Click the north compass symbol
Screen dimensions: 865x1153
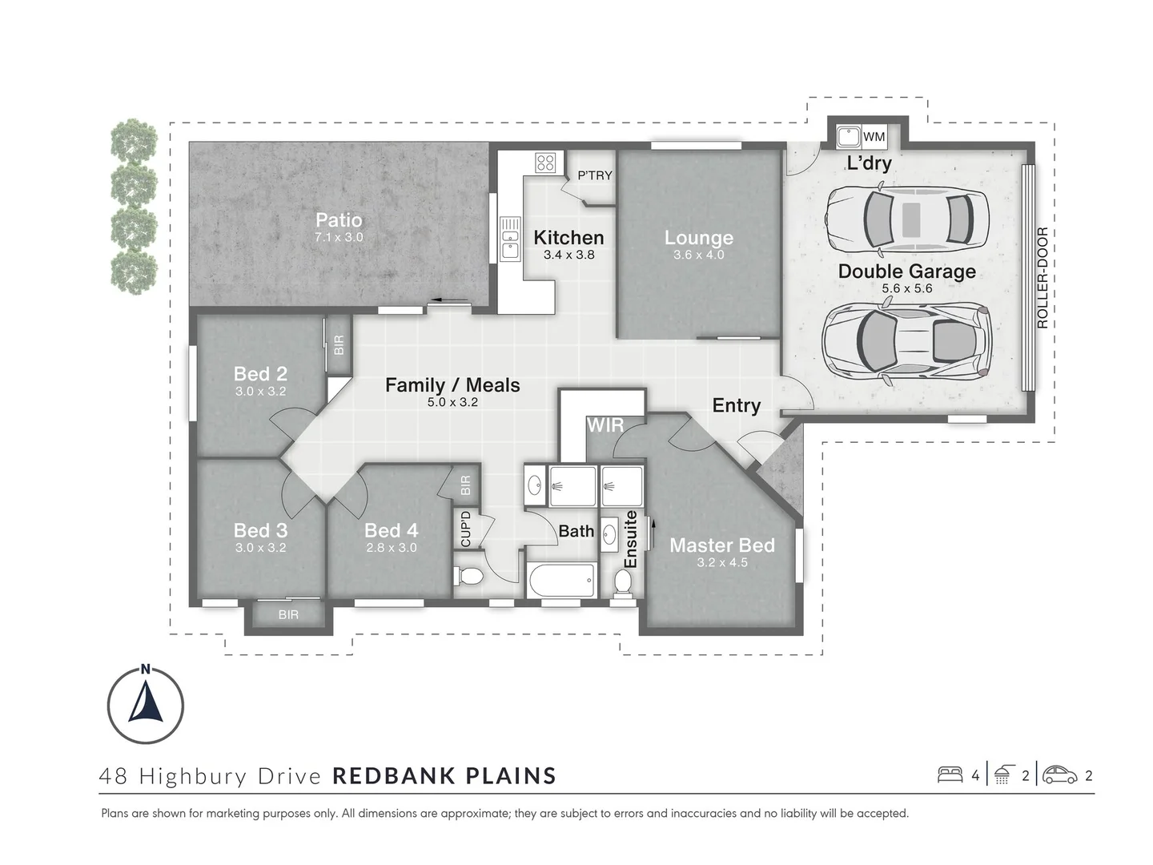(146, 705)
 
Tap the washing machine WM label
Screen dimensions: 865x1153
(874, 137)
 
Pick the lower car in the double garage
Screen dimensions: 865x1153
(907, 340)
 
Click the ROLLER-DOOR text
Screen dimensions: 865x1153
(1042, 278)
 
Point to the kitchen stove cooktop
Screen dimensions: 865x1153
(546, 163)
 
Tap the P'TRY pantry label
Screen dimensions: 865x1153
(595, 175)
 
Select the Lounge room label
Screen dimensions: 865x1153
(698, 238)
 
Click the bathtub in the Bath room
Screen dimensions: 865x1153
(562, 579)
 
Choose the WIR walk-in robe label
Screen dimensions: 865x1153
(605, 425)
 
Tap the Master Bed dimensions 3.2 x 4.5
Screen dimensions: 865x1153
(721, 562)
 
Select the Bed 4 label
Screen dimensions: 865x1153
(391, 530)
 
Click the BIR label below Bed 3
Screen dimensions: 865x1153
(288, 615)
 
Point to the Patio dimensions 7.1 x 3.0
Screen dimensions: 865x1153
(339, 237)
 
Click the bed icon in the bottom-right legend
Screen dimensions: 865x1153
(950, 774)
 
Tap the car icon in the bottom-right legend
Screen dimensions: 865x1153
(1059, 774)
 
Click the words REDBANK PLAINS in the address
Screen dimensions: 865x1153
(444, 775)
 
